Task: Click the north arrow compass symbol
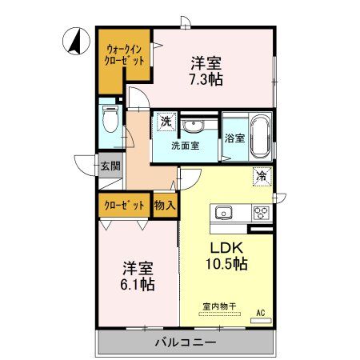73,41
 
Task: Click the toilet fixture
110,121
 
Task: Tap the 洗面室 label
185,146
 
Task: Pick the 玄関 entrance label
110,166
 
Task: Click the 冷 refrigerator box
261,176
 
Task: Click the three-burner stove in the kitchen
262,213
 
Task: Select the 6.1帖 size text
138,284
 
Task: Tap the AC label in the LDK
260,311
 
